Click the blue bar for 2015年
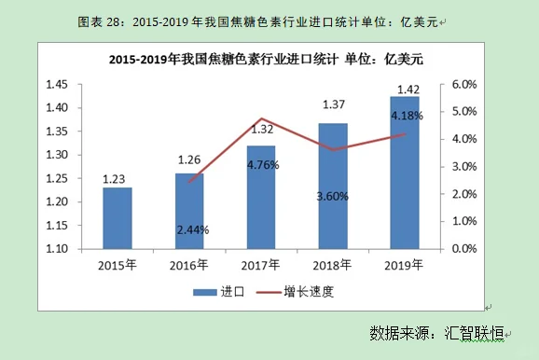117,218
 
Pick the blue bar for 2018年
333,186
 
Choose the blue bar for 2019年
405,173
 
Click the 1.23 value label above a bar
117,178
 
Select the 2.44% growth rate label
190,229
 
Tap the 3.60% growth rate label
334,196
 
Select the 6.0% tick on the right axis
464,84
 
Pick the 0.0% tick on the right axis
464,249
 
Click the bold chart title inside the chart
265,59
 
